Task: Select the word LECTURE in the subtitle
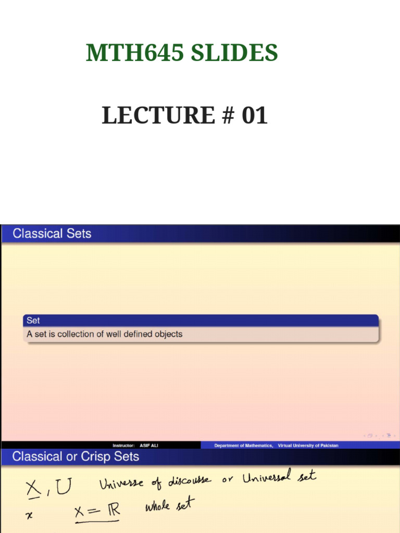point(158,115)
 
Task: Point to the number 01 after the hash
point(254,115)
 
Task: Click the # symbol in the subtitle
point(227,115)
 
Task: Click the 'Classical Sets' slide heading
point(52,234)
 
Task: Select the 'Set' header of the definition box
point(33,321)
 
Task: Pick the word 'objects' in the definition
point(168,334)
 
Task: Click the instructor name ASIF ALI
point(148,446)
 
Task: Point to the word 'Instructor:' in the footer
point(124,446)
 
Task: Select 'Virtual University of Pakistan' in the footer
point(308,446)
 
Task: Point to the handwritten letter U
point(65,488)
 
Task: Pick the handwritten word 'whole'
point(158,506)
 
